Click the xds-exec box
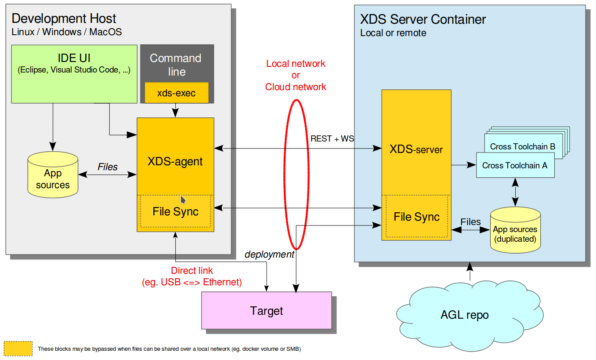[x=176, y=93]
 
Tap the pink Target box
[x=267, y=311]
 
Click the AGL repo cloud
[x=464, y=315]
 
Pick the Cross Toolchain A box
[x=515, y=166]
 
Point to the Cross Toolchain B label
[x=523, y=146]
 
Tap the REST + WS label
[x=332, y=139]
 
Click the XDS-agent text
[x=175, y=161]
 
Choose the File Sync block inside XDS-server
[x=416, y=217]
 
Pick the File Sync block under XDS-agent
[x=175, y=211]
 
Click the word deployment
[x=269, y=255]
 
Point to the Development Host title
[x=64, y=18]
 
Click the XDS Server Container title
[x=423, y=19]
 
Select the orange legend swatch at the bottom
[x=18, y=349]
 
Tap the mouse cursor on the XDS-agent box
[x=183, y=200]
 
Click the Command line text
[x=176, y=65]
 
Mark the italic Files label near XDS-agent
[x=108, y=167]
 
